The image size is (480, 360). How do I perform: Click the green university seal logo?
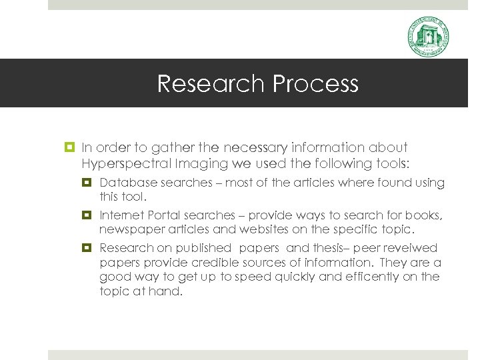(428, 37)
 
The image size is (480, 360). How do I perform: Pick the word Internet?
(121, 215)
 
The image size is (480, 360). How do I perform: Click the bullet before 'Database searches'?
(87, 183)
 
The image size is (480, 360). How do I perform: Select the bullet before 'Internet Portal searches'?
(87, 215)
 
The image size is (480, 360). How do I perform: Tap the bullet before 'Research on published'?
(87, 248)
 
